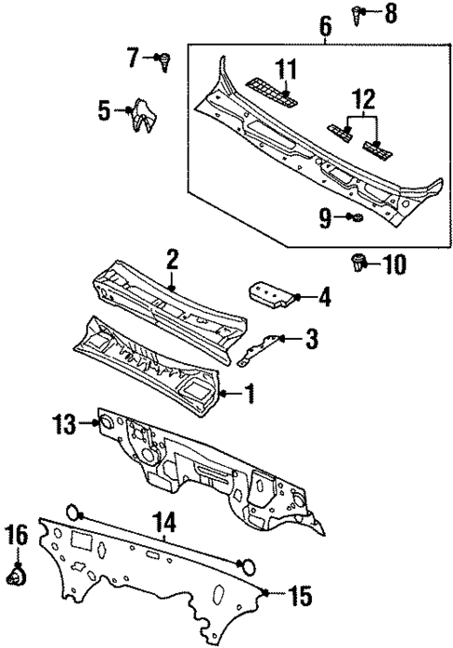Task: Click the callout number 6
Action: coord(325,27)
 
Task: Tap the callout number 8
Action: coord(390,14)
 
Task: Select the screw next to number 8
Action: coord(360,13)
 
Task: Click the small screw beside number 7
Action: coord(164,61)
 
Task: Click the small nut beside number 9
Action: coord(356,218)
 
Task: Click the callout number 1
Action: coord(249,396)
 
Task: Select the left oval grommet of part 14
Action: coord(73,512)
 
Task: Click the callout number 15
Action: coord(301,594)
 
